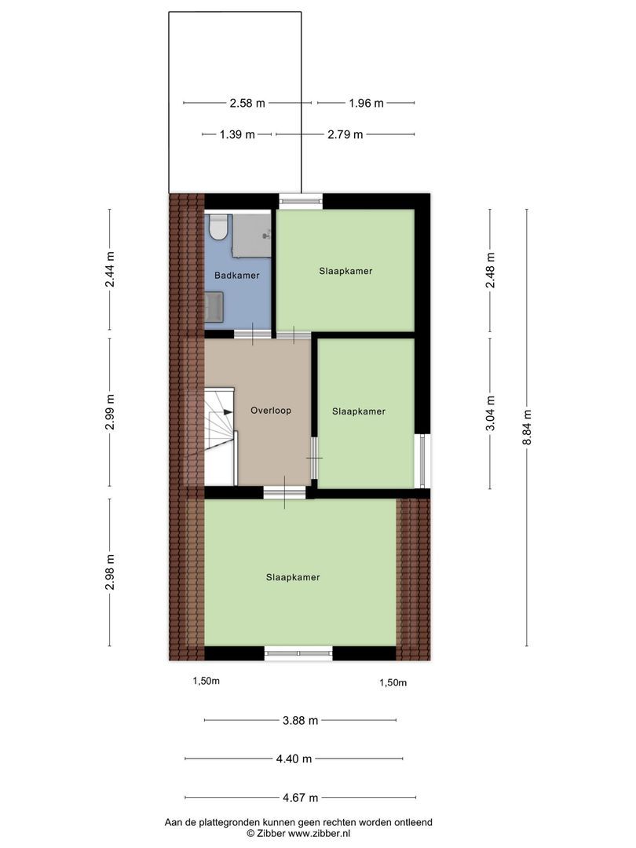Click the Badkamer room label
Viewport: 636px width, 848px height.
tap(237, 276)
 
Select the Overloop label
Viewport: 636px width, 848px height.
tap(265, 410)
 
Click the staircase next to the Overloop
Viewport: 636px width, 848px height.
tap(219, 437)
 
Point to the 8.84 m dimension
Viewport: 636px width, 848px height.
tap(527, 428)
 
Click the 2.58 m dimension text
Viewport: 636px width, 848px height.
tap(247, 103)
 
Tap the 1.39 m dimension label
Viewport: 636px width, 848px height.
tap(237, 134)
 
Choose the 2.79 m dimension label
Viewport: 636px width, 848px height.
tap(345, 134)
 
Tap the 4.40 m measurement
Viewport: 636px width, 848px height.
tap(294, 758)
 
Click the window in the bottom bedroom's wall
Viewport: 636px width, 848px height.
tap(298, 652)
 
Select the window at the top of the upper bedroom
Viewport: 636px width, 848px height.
tap(302, 200)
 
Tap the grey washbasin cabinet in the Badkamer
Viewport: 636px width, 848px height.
tap(215, 305)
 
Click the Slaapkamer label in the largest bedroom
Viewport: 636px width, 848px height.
tap(293, 577)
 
